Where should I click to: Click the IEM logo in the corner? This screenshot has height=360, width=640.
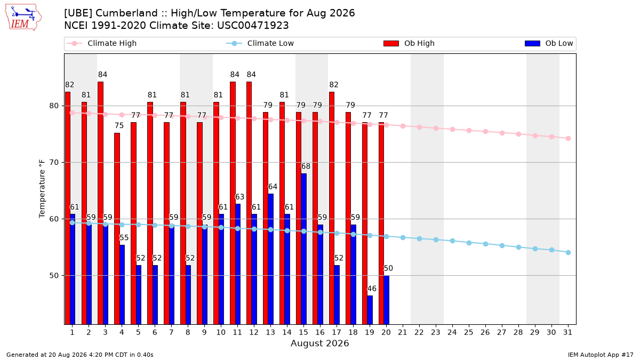point(23,18)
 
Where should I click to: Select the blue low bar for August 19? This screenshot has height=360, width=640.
point(370,310)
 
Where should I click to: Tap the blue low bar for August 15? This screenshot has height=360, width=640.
point(303,249)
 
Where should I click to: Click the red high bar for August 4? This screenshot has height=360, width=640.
point(117,229)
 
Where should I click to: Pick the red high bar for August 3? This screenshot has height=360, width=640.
point(101,203)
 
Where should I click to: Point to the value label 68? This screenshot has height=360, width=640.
point(306,166)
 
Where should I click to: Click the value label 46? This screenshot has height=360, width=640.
point(372,289)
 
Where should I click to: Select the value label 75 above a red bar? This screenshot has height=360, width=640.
point(119,125)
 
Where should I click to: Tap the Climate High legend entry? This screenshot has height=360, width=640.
point(101,43)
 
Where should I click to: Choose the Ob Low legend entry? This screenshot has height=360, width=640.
point(549,43)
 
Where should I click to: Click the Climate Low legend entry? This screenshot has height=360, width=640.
point(260,43)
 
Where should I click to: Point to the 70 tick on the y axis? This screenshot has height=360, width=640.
point(54,162)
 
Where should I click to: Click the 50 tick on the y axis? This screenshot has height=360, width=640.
point(54,276)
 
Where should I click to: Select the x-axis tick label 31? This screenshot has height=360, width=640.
point(567,332)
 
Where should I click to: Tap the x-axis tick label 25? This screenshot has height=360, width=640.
point(469,332)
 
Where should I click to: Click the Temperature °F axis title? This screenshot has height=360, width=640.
point(42,189)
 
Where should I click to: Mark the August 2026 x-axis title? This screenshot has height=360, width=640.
point(319,343)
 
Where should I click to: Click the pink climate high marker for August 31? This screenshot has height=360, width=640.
point(569,138)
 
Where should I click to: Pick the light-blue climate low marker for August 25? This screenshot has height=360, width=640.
point(469,243)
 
